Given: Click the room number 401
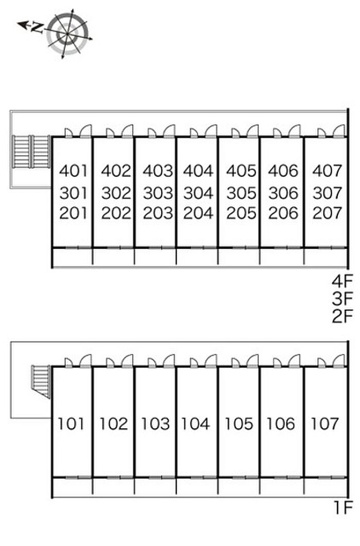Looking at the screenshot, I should [x=74, y=170].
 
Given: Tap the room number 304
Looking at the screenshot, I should [x=198, y=193].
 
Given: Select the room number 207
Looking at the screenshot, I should [x=327, y=213].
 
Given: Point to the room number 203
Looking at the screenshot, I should [x=157, y=213].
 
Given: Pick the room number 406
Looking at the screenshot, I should [x=283, y=170].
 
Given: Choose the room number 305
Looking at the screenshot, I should [x=241, y=193].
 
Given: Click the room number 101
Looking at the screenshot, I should [x=71, y=424].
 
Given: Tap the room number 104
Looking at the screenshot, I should [x=195, y=424].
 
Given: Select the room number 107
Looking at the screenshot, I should [x=325, y=424].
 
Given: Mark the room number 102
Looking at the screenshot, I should [x=113, y=424].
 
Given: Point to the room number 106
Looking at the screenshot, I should [x=281, y=424].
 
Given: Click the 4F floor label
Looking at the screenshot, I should [x=343, y=281].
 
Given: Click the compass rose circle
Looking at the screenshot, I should [x=69, y=33].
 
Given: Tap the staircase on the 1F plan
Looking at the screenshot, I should [x=41, y=381].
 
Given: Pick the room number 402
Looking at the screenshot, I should [x=116, y=170].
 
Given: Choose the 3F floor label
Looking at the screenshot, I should [x=343, y=298].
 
